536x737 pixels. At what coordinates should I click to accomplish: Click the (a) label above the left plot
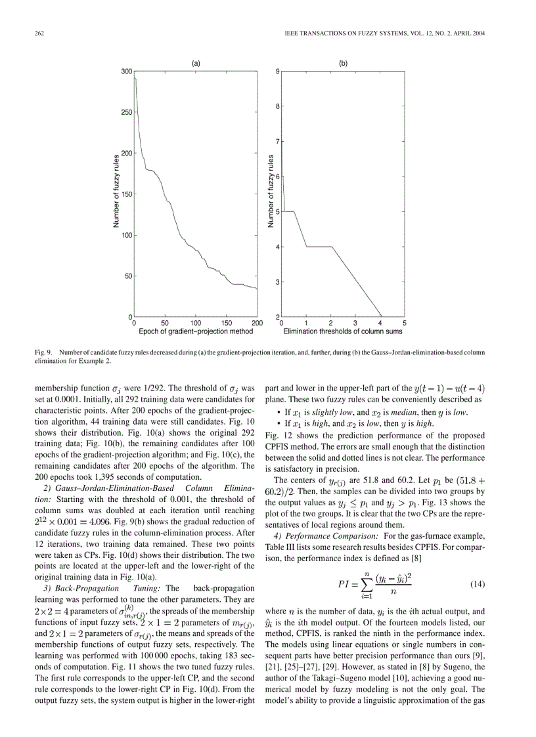(196, 64)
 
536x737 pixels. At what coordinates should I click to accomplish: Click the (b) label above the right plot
(343, 64)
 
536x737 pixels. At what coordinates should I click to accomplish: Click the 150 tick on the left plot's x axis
(227, 324)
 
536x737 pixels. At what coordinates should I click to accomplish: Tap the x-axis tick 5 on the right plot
(405, 324)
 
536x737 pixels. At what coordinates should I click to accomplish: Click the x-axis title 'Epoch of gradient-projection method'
(196, 332)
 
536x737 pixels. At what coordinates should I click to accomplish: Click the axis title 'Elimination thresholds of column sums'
(343, 332)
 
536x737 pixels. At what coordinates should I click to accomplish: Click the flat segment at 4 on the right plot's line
(319, 247)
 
